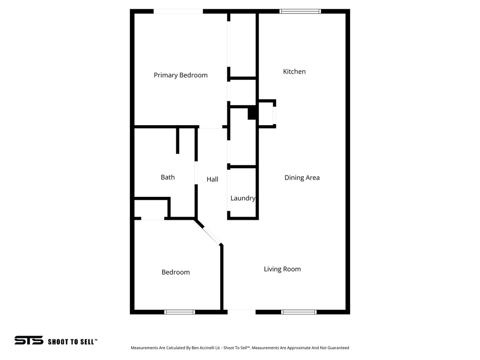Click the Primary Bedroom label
point(180,75)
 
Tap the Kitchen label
point(294,71)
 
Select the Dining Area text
point(302,178)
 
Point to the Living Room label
point(282,269)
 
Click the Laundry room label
point(243,198)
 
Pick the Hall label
point(212,179)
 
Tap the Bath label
point(168,177)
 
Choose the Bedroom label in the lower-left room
point(176,272)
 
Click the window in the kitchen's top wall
point(300,11)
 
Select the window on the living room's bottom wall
point(299,312)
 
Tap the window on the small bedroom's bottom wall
point(180,312)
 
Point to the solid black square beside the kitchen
point(252,113)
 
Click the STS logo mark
point(29,341)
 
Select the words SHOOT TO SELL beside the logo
point(73,342)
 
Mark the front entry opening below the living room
point(241,310)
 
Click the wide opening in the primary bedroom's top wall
point(178,11)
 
